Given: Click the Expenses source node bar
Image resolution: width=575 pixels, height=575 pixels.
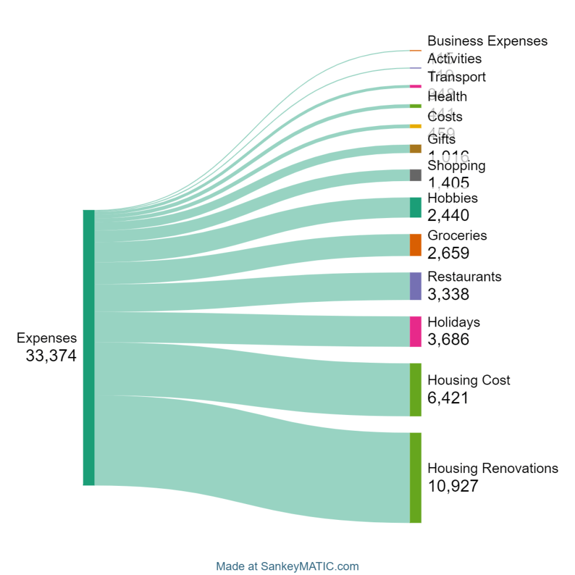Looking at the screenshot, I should pos(89,347).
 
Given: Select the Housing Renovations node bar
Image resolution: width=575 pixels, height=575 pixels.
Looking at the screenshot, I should pos(415,477).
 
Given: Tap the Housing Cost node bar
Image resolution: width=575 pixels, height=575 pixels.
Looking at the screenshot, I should pos(415,389).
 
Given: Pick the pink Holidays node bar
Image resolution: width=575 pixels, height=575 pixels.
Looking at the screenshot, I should pos(415,331).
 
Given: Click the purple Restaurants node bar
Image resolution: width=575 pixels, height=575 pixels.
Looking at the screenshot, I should pos(415,286).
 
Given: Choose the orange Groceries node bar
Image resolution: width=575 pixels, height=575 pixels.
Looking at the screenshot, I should pos(415,244).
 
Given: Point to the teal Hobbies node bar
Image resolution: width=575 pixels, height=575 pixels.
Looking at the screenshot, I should pos(415,207).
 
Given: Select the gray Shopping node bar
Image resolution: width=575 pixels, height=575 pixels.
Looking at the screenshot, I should pos(415,175).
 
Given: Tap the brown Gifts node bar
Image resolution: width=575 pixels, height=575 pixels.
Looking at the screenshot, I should pos(415,148).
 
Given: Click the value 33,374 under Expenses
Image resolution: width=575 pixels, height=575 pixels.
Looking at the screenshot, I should pos(51,356).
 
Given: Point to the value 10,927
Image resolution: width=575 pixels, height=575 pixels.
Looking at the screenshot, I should pos(453,486).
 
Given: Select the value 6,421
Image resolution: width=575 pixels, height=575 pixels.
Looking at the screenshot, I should pos(448,398).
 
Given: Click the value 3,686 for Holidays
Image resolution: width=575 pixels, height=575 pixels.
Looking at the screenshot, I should pos(448,339).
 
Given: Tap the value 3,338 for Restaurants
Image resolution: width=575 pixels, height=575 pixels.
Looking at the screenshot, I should pos(448,294).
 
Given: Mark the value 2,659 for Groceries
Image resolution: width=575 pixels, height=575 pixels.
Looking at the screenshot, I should pos(448,253).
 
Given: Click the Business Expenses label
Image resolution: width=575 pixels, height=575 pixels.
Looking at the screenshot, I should pos(487,41).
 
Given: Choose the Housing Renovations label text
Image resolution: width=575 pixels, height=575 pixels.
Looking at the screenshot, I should pos(492,468).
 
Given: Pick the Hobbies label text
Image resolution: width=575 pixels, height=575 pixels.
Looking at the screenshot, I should pos(452,198).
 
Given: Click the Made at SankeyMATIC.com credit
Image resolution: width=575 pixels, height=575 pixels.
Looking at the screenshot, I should pos(287,566).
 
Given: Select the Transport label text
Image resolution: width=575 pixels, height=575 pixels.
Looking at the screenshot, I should pos(457,77).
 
